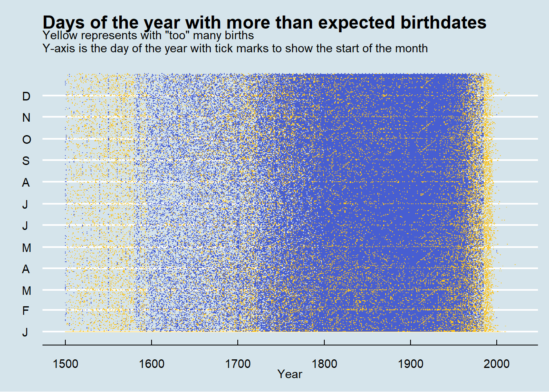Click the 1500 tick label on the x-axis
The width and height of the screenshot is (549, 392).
(x=65, y=363)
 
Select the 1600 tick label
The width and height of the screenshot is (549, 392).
(x=152, y=363)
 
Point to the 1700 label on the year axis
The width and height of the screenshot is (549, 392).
(x=238, y=363)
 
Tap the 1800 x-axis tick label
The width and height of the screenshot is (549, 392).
(x=324, y=363)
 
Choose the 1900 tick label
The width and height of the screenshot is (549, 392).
(x=411, y=363)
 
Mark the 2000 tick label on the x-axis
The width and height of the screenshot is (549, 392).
(x=497, y=363)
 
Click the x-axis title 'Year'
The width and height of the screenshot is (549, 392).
(x=290, y=374)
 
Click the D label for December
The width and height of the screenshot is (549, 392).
(x=26, y=96)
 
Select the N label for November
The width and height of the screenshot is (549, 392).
(x=26, y=118)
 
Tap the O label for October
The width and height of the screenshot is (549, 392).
(x=26, y=140)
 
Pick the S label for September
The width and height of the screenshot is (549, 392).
(x=26, y=161)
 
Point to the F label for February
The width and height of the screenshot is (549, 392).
(x=26, y=311)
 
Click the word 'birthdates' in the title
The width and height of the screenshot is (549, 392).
(x=443, y=22)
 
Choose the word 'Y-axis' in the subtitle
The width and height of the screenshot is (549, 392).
(x=59, y=49)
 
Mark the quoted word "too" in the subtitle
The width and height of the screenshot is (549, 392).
(x=177, y=36)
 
